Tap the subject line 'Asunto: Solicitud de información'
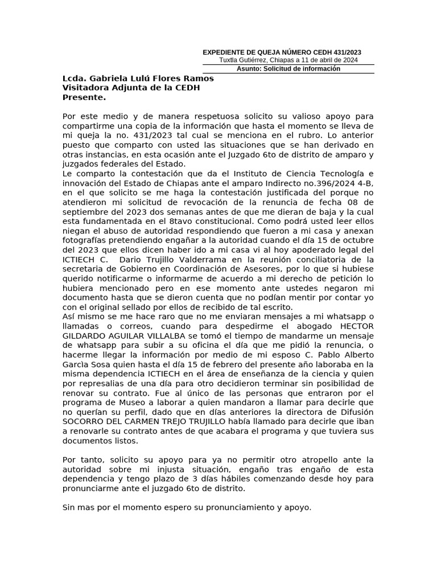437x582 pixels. pyautogui.click(x=288, y=69)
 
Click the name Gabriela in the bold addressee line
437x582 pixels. pyautogui.click(x=108, y=78)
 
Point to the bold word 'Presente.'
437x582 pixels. pyautogui.click(x=84, y=97)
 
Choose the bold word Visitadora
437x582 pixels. pyautogui.click(x=87, y=88)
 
